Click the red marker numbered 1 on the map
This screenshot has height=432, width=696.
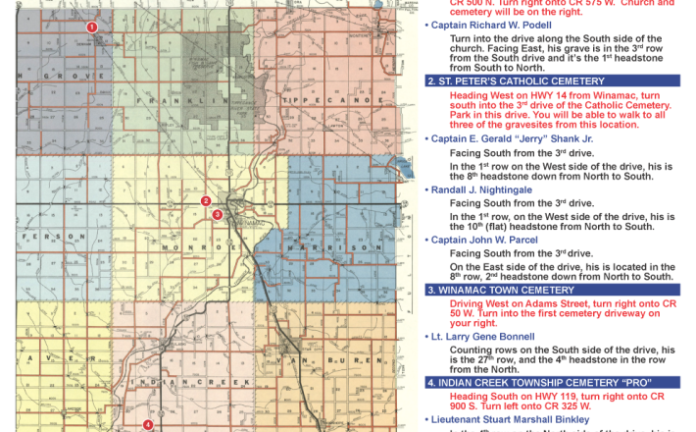[x=91, y=27]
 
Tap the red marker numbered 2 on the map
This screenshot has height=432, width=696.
[x=206, y=201]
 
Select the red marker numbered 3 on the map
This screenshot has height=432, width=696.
[x=218, y=214]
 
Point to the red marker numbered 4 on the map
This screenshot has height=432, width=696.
[x=147, y=424]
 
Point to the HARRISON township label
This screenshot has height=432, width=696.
[x=338, y=248]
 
